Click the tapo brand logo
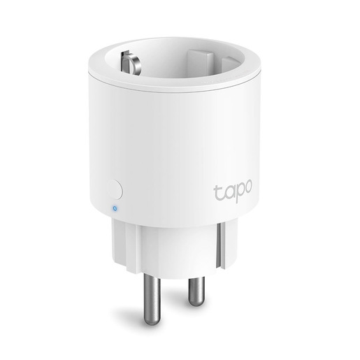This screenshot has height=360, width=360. tap(233, 189)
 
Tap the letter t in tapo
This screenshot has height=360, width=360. tap(217, 187)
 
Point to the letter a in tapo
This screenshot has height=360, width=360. tap(227, 189)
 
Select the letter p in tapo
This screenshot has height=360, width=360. tap(238, 191)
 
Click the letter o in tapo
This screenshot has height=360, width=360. tap(248, 188)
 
